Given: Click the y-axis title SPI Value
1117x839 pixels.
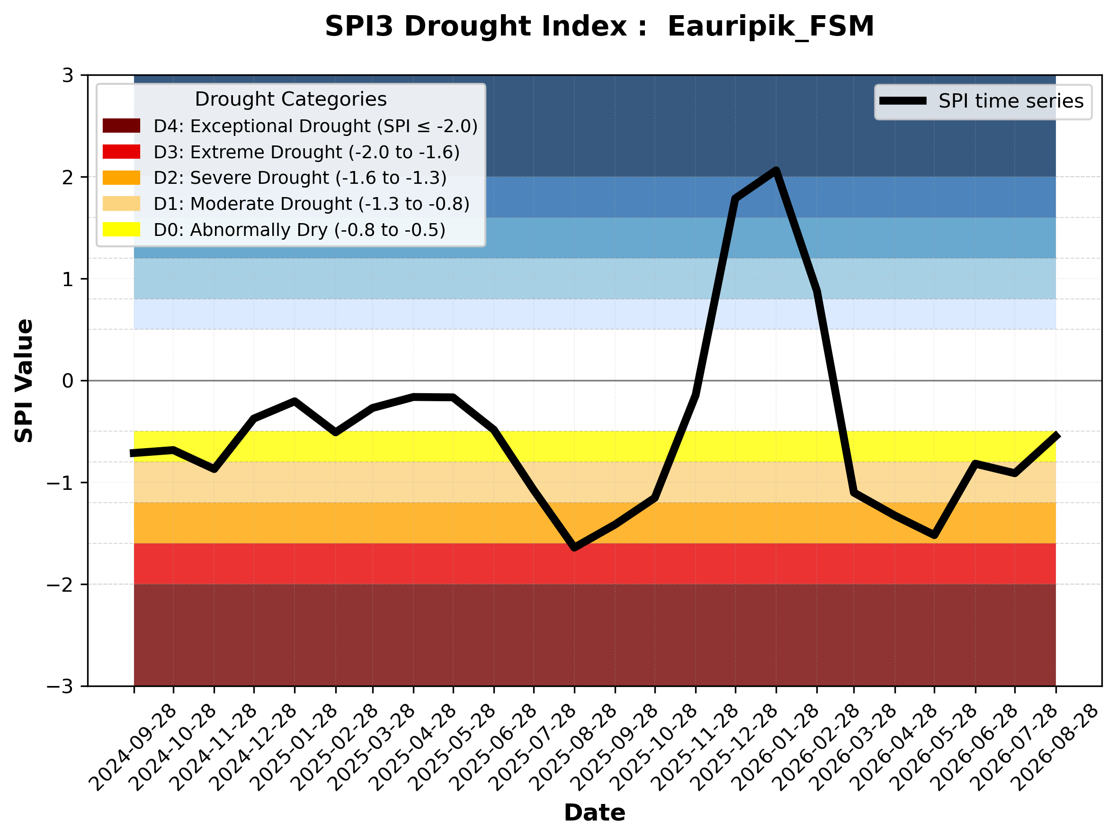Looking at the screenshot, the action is coord(24,381).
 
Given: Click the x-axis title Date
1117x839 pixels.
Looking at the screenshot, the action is coord(594,813).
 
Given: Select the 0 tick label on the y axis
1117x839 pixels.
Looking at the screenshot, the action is coord(68,381).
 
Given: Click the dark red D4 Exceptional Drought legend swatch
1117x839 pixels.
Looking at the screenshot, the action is coord(121,126).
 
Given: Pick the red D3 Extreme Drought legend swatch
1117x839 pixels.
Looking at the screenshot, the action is coord(121,152).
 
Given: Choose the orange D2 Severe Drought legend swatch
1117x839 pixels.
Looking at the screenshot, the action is coord(121,178).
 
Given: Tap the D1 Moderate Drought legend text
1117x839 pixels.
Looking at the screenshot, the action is coord(312,204).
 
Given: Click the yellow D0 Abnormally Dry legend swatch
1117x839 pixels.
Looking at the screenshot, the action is coord(121,229).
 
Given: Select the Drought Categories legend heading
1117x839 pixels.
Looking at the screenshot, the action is coord(291,99).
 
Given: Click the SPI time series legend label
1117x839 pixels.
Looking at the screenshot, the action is coord(1011,101).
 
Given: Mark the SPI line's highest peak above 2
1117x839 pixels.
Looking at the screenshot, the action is coord(776,170).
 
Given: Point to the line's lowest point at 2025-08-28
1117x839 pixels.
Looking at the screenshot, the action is coord(574,548).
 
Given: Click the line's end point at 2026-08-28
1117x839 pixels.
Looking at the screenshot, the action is coord(1055,435).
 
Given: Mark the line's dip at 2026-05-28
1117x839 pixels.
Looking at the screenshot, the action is coord(934,535).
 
